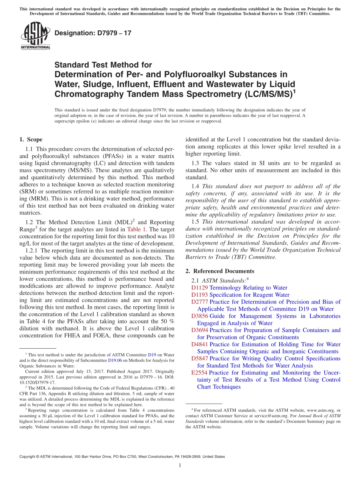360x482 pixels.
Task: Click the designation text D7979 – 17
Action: [x=93, y=33]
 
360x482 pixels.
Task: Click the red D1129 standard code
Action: [x=200, y=288]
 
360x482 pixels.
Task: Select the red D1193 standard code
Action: [x=200, y=295]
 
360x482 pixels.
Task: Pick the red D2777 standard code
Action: [x=200, y=302]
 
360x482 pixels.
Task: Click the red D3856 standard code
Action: [x=200, y=316]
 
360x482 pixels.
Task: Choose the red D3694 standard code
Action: [x=200, y=330]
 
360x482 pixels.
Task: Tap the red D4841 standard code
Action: [x=200, y=344]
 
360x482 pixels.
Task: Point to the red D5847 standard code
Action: [x=200, y=358]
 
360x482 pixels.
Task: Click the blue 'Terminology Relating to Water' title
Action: [x=248, y=288]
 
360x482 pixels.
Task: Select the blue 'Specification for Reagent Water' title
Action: [x=249, y=295]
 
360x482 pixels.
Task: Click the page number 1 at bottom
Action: [x=180, y=466]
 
